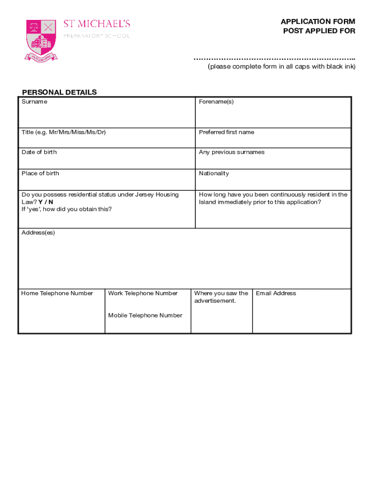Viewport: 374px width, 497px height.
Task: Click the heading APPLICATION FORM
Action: coord(318,22)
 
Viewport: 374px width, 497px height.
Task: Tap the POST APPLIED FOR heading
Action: coord(319,32)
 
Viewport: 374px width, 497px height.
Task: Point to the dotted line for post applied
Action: coord(274,59)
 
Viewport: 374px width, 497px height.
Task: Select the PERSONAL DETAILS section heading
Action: coord(59,92)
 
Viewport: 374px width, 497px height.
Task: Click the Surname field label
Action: coord(34,102)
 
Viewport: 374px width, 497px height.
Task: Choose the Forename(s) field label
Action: coord(216,102)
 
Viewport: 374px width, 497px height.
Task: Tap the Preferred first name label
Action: coord(226,132)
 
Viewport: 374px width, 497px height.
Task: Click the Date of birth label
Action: coord(39,152)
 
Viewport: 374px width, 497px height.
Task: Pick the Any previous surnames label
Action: coord(232,152)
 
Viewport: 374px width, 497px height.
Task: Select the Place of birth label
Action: coord(40,173)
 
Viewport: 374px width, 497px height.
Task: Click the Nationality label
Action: coord(214,173)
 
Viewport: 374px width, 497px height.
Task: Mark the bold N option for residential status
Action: coord(51,202)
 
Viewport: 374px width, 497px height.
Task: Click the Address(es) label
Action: coord(38,233)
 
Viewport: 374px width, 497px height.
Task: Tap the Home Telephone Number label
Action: coord(57,293)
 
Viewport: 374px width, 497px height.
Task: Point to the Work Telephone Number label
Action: coord(143,293)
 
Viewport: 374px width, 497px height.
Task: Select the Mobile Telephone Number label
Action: coord(145,315)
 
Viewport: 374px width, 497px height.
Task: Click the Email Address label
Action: coord(276,293)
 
